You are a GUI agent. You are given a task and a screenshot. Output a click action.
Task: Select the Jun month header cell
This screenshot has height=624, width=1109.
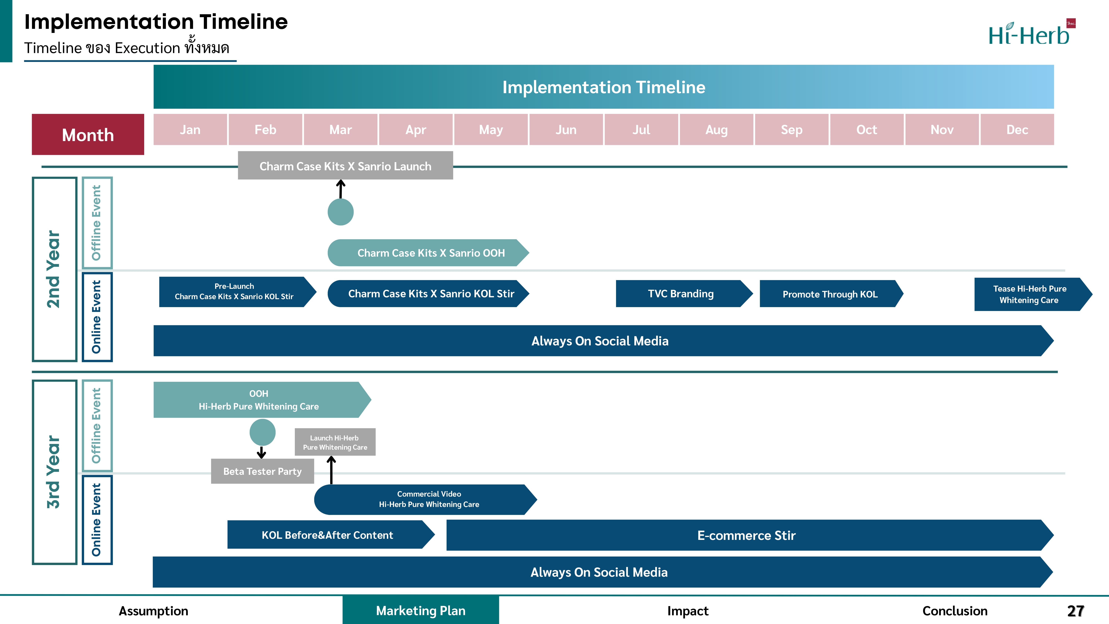(x=566, y=130)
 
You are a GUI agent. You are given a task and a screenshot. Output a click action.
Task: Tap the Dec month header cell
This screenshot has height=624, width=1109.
(x=1017, y=130)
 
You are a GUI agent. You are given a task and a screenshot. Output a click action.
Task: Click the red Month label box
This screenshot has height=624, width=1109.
(x=88, y=134)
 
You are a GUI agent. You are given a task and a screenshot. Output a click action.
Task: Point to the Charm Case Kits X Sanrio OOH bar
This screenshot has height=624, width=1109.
(x=428, y=253)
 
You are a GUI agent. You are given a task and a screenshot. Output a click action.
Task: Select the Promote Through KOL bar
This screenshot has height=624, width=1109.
(x=831, y=294)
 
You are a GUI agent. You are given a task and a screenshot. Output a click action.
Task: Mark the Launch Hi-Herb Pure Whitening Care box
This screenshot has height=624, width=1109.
(x=335, y=442)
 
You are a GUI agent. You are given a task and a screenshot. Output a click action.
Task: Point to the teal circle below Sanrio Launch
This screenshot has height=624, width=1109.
(x=340, y=212)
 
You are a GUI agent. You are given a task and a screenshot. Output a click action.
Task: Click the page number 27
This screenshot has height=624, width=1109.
(x=1075, y=611)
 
